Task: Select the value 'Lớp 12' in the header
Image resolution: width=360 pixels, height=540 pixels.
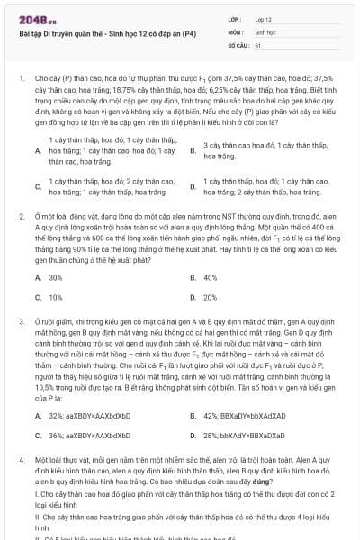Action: click(x=263, y=19)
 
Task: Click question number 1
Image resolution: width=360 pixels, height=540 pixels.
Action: click(x=21, y=79)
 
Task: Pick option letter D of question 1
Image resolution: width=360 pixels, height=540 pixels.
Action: click(x=193, y=187)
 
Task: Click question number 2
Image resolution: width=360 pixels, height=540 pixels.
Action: click(x=21, y=217)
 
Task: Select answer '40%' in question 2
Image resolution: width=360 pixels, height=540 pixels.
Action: click(x=211, y=277)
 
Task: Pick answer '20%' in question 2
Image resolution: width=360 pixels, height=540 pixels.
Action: click(x=211, y=297)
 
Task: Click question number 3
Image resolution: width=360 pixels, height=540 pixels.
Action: click(x=21, y=320)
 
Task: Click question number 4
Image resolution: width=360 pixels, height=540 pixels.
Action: click(x=21, y=459)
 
